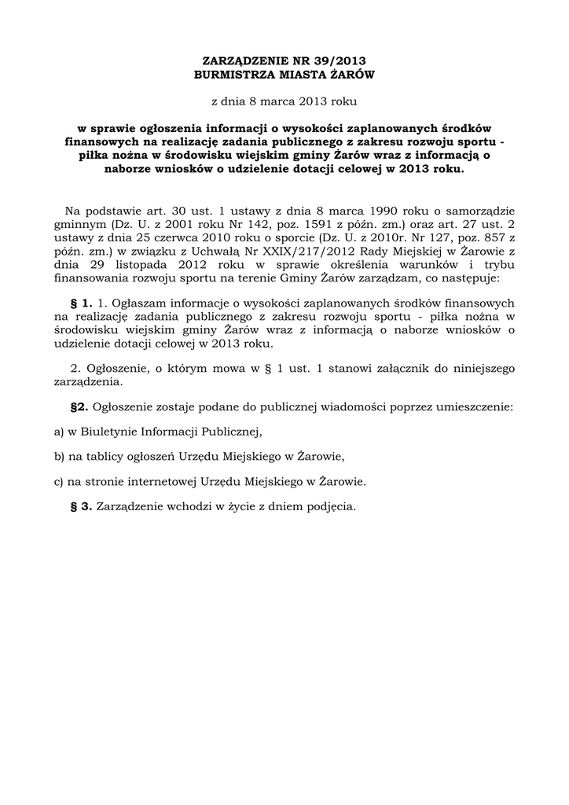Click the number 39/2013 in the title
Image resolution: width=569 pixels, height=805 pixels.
(x=340, y=61)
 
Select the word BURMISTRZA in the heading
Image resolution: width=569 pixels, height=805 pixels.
(x=235, y=75)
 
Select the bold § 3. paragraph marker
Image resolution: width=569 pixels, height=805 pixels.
(x=82, y=507)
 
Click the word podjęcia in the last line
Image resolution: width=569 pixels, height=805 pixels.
(x=333, y=507)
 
